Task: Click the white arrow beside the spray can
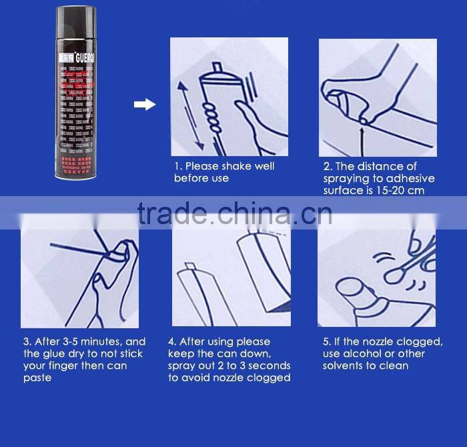145,104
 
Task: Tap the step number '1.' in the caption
178,166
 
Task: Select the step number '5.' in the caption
326,342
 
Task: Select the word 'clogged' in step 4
270,378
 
